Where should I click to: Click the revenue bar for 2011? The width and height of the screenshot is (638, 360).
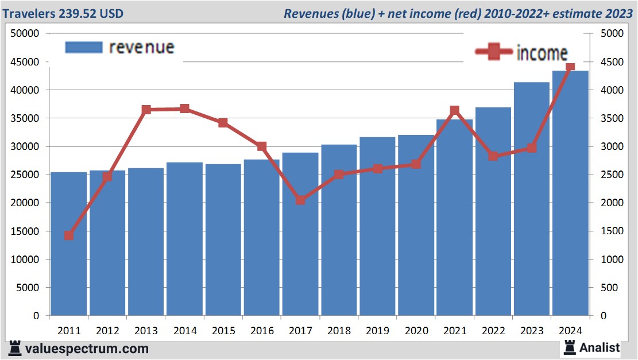click(x=69, y=244)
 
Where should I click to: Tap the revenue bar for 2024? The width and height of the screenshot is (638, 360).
click(x=570, y=193)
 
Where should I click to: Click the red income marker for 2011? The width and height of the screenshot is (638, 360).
click(x=69, y=235)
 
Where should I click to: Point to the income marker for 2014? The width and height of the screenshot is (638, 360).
click(x=184, y=109)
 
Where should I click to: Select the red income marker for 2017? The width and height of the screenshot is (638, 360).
click(x=300, y=200)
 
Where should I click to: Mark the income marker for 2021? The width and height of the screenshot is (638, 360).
click(x=454, y=110)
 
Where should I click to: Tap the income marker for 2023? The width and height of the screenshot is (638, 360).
click(x=532, y=148)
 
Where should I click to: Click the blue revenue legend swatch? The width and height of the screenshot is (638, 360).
click(x=84, y=47)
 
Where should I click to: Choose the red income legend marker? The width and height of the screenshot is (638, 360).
click(x=493, y=52)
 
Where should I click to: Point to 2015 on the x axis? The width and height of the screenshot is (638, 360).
click(x=223, y=331)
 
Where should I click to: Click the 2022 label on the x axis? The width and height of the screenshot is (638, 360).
click(x=493, y=331)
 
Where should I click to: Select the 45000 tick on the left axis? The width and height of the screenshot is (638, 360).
click(x=25, y=61)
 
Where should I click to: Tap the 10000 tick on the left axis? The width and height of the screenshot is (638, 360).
click(x=25, y=259)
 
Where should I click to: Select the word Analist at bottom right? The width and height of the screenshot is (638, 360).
click(x=600, y=347)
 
